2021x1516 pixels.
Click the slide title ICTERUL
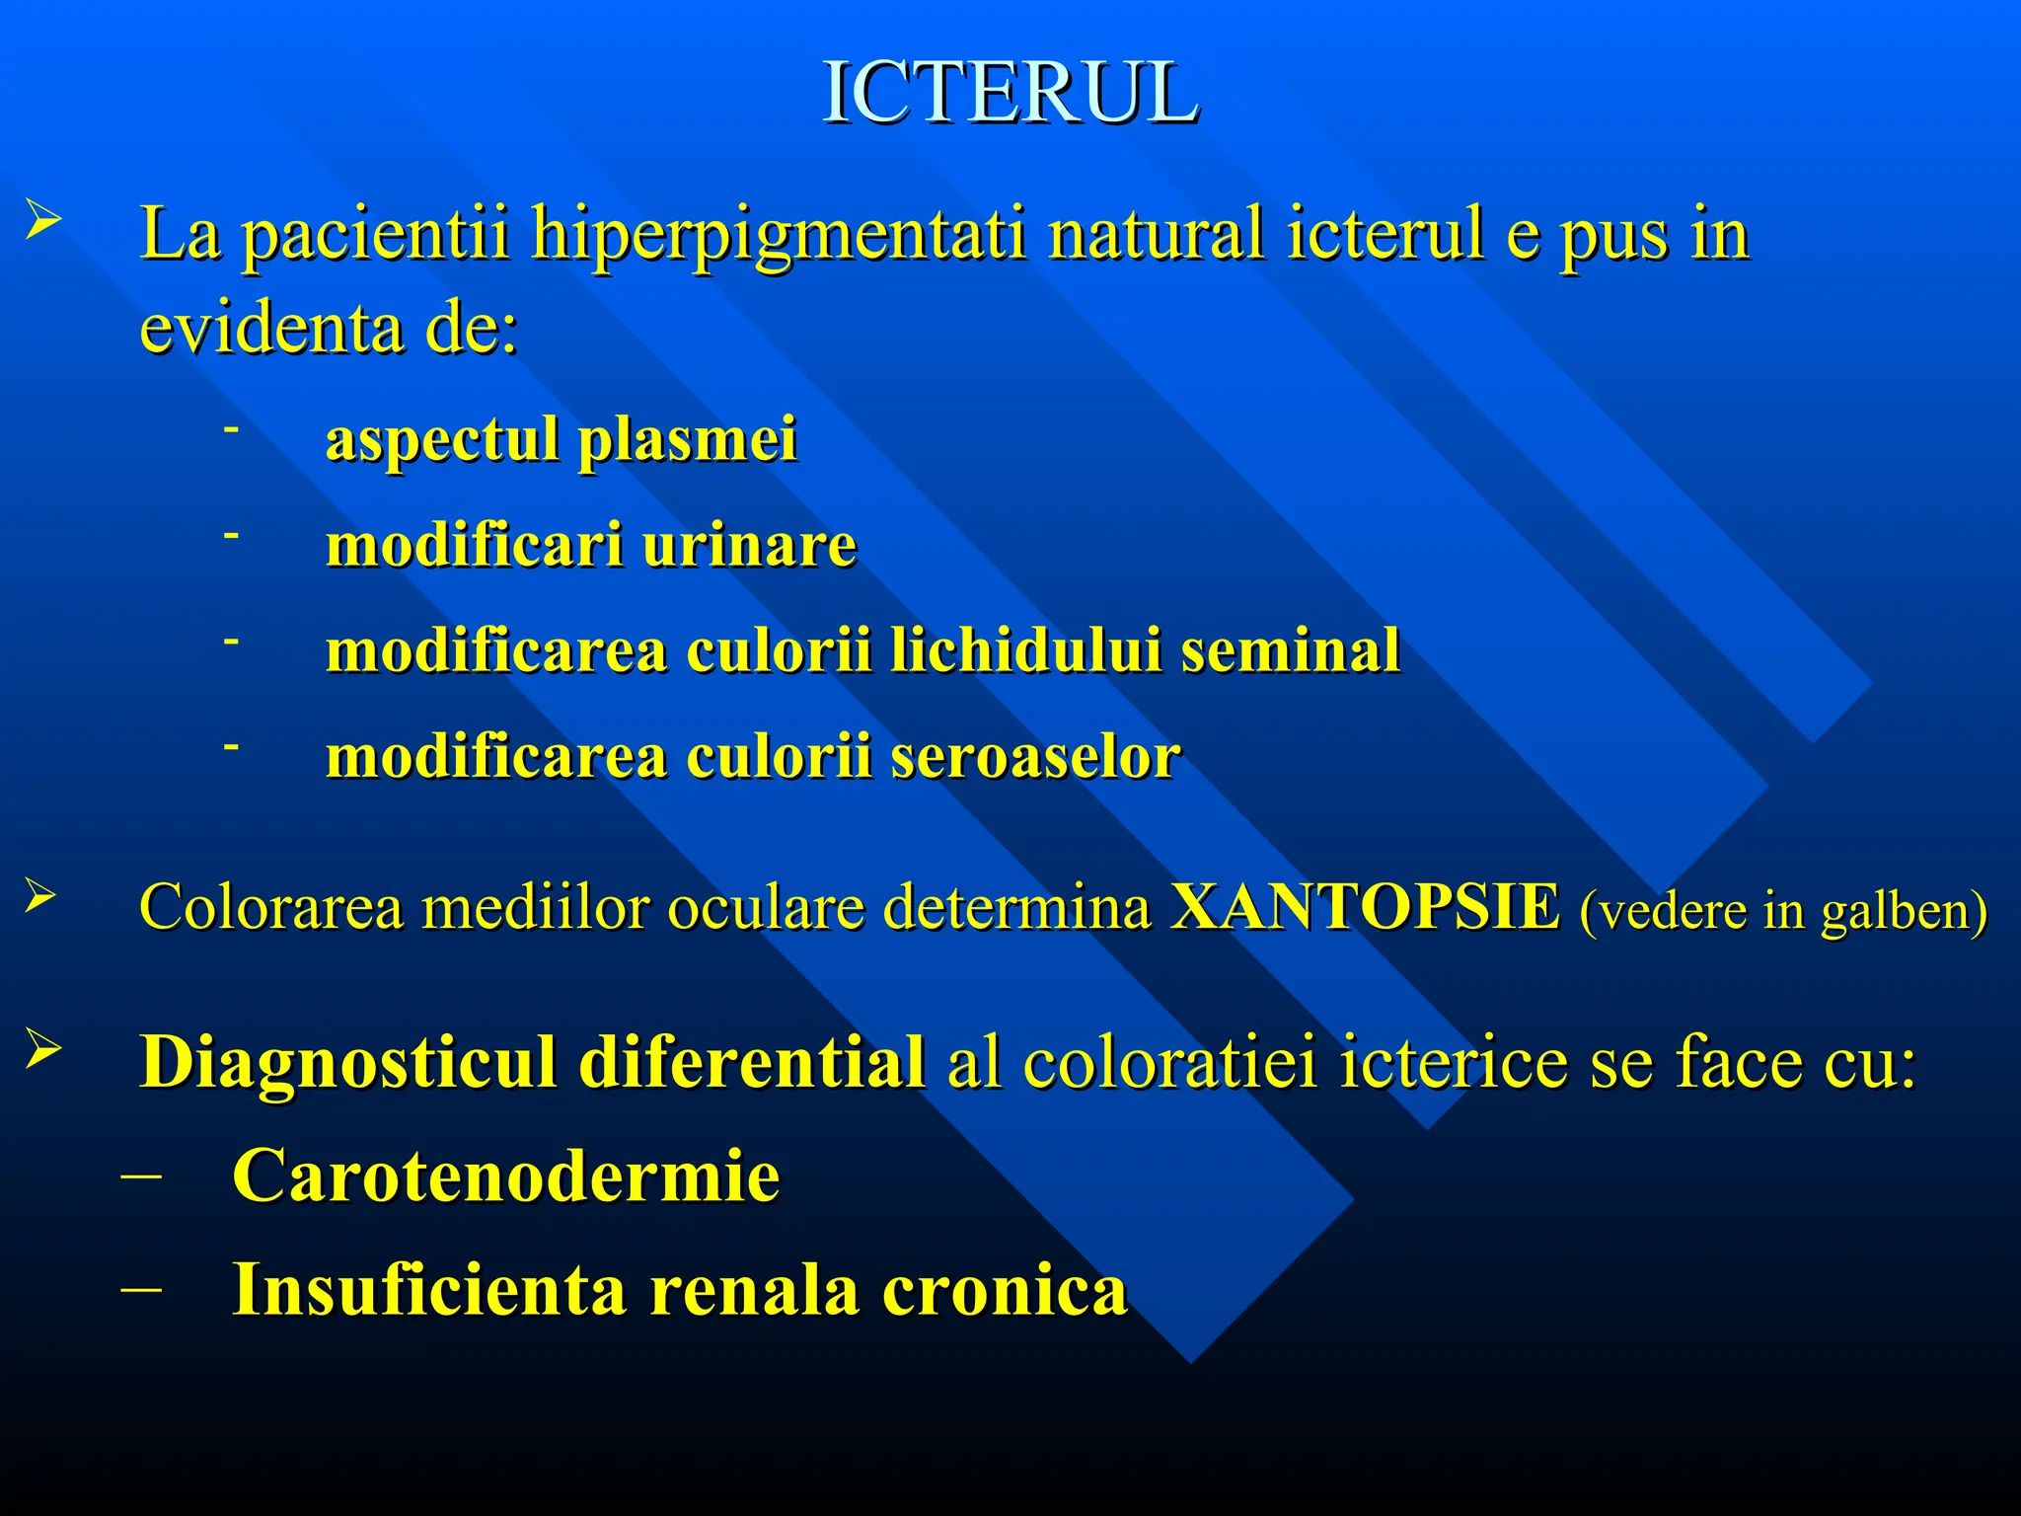click(1010, 93)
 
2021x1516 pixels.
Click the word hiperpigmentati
click(780, 237)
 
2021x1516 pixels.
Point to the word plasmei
click(687, 440)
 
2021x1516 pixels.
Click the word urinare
click(749, 545)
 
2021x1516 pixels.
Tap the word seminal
click(1291, 650)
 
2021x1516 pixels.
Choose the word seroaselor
click(1035, 757)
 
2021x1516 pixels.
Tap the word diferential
click(752, 1062)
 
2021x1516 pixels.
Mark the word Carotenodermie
click(505, 1175)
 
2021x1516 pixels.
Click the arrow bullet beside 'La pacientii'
click(43, 218)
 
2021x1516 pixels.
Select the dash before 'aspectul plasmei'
click(232, 429)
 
